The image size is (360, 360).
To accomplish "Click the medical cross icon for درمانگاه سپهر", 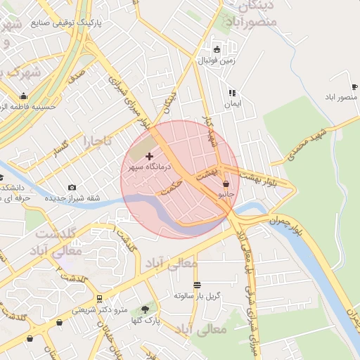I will tap(149, 155).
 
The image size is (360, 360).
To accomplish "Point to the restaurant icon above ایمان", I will tap(231, 92).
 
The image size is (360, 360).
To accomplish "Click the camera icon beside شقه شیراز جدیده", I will tap(72, 187).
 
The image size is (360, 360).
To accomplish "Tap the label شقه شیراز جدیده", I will tap(73, 198).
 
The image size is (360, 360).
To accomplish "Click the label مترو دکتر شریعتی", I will tap(98, 309).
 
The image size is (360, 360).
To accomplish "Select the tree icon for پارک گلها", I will tap(146, 309).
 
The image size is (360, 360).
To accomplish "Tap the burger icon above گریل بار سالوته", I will tap(197, 285).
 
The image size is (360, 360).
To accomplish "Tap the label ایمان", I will tap(232, 104).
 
